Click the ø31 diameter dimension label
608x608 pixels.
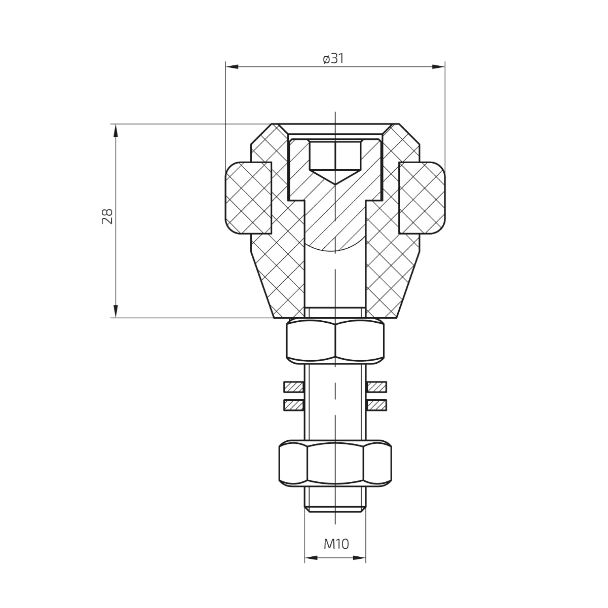(x=333, y=59)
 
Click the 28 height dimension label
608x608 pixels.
(x=107, y=216)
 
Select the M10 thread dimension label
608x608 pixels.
(x=336, y=544)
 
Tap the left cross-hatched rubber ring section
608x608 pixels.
(x=248, y=198)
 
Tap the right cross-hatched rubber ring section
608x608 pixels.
(x=422, y=198)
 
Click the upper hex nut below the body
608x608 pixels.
(x=335, y=342)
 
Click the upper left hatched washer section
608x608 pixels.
(x=293, y=387)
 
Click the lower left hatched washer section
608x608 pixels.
(x=293, y=405)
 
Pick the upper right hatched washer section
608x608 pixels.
(x=376, y=387)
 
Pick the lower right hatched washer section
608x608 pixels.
(x=376, y=405)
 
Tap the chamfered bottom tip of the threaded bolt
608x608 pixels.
(x=335, y=507)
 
